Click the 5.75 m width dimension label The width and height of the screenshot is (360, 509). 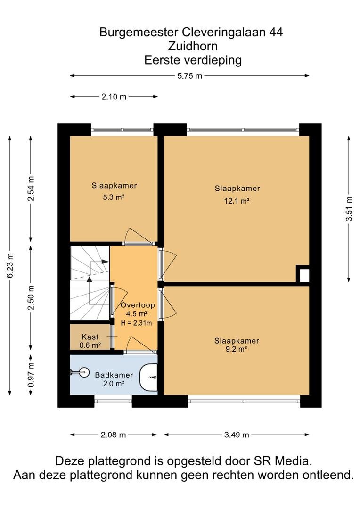[x=189, y=76]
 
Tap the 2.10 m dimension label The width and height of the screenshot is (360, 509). [x=114, y=97]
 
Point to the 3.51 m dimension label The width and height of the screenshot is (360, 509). [x=349, y=209]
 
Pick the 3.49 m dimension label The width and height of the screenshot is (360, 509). [x=237, y=435]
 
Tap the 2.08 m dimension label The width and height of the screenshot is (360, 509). [x=113, y=435]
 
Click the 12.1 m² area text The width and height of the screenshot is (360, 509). [x=237, y=201]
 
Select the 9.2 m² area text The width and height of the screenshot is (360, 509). [x=237, y=349]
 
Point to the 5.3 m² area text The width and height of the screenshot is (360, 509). [x=114, y=197]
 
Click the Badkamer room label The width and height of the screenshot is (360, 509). [x=114, y=375]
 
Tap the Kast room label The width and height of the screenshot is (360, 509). [x=90, y=337]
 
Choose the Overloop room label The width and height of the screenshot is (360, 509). [x=138, y=305]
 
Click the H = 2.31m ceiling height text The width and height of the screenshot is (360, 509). [x=136, y=323]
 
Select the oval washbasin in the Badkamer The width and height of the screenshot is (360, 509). [x=149, y=377]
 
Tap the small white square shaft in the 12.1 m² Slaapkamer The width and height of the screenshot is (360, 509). [x=304, y=276]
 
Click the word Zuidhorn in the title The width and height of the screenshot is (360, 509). [x=193, y=46]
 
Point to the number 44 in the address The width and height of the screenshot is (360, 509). [x=276, y=32]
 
